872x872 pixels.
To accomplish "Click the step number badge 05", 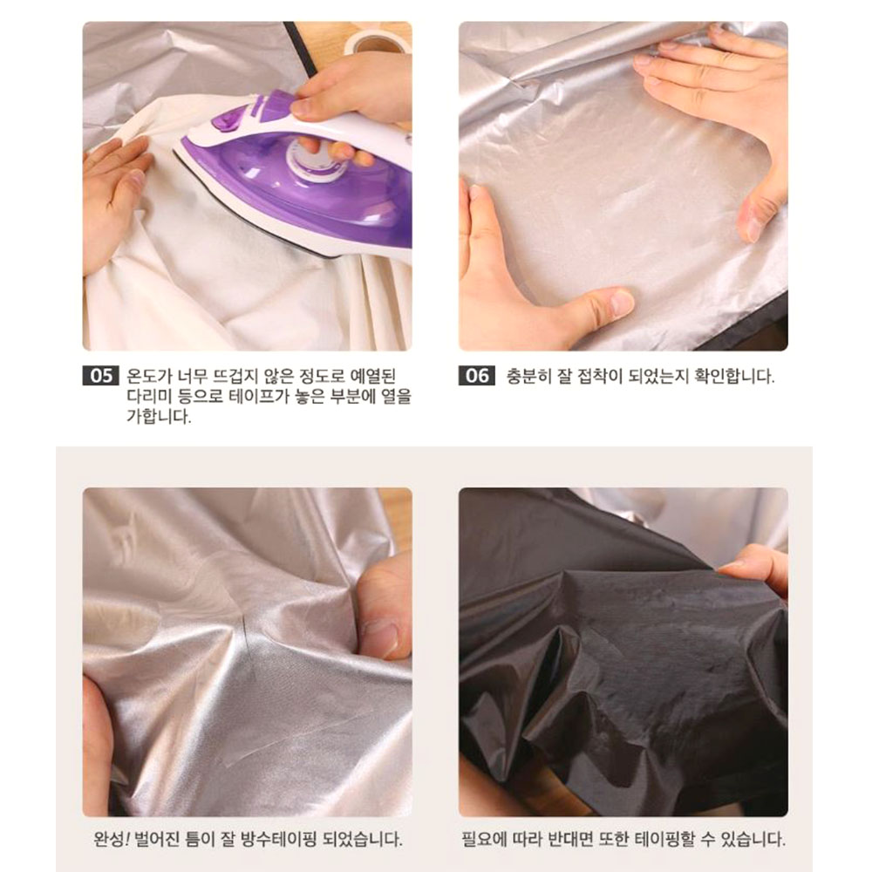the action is pyautogui.click(x=100, y=375).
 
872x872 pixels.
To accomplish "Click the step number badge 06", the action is pyautogui.click(x=477, y=375).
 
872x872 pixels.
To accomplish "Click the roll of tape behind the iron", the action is pyautogui.click(x=378, y=41).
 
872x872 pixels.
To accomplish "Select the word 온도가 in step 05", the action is pyautogui.click(x=149, y=376).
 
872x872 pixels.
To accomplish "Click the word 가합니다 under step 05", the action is pyautogui.click(x=159, y=416).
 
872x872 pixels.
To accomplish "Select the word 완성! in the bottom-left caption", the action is pyautogui.click(x=111, y=839).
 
